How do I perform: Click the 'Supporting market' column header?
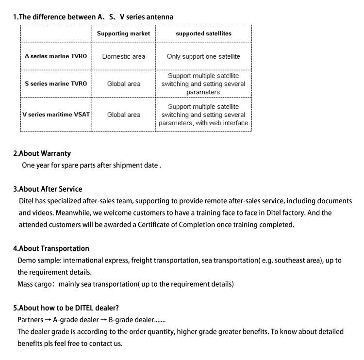click(x=123, y=33)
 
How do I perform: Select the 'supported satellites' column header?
click(x=203, y=33)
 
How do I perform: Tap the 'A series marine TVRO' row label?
click(x=56, y=56)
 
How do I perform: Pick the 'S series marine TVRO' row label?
click(x=56, y=83)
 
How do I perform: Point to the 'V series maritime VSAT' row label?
click(x=56, y=115)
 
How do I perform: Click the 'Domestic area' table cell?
click(x=123, y=56)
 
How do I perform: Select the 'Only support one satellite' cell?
click(x=203, y=56)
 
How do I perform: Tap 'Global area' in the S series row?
click(x=123, y=84)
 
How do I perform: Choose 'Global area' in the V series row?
click(x=123, y=115)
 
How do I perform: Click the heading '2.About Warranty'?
click(x=42, y=153)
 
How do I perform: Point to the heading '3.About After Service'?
click(x=48, y=189)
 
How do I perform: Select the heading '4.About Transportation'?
click(x=51, y=248)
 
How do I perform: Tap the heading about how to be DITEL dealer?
click(x=66, y=308)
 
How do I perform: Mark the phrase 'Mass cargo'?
click(x=34, y=284)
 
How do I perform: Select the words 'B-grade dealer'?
click(x=131, y=320)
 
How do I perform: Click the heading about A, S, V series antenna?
click(x=93, y=17)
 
